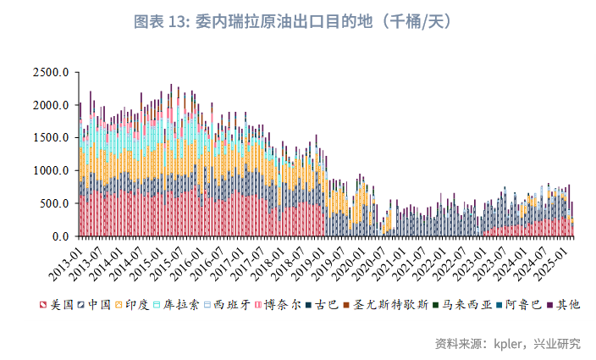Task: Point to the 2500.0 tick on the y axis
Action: (x=51, y=73)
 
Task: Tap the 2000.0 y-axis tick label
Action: (x=51, y=105)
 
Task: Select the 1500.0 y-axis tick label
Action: (x=51, y=138)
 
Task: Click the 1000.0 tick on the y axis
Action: (x=51, y=171)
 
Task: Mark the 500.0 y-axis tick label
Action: (x=54, y=204)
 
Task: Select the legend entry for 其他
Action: (x=568, y=304)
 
